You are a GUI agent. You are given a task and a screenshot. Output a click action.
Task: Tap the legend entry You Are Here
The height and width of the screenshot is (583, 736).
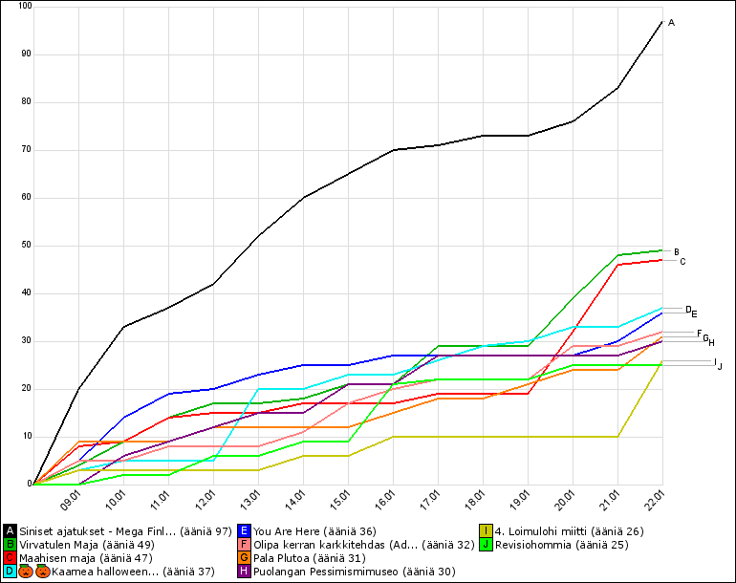(x=314, y=531)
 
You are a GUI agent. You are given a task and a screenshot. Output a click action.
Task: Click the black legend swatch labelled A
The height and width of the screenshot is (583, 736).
(x=10, y=531)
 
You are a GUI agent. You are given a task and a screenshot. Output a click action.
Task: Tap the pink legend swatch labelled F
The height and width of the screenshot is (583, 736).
(x=246, y=545)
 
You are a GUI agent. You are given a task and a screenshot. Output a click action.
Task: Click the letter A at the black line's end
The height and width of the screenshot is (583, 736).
(x=671, y=22)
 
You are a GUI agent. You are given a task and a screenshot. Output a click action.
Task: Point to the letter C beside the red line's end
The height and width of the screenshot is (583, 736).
(x=682, y=262)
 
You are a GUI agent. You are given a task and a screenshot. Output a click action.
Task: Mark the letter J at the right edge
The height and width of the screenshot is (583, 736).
(x=720, y=366)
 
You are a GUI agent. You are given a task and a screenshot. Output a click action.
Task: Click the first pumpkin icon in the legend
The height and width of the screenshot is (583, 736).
(x=26, y=572)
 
